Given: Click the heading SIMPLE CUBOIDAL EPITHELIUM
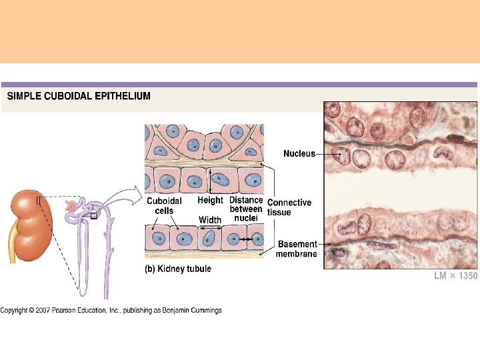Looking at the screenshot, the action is click(79, 96).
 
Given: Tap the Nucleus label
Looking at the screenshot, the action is click(299, 153).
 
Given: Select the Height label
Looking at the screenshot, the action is click(210, 200).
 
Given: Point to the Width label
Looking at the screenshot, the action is click(210, 220).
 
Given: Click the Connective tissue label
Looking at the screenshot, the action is click(289, 207).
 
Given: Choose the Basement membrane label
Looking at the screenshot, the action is click(297, 249).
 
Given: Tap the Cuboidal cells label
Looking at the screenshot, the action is click(163, 205).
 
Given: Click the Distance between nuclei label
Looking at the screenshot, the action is click(246, 209).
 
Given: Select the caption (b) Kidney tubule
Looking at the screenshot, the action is click(178, 269).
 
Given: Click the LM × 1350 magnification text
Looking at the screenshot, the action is click(455, 276).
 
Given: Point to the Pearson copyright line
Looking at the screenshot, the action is click(111, 310).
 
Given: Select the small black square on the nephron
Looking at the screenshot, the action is click(94, 215).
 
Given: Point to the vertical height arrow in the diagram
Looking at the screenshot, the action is click(211, 179).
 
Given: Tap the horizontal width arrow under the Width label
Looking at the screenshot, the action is click(211, 228).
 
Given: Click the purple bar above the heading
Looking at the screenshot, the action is click(239, 85).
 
